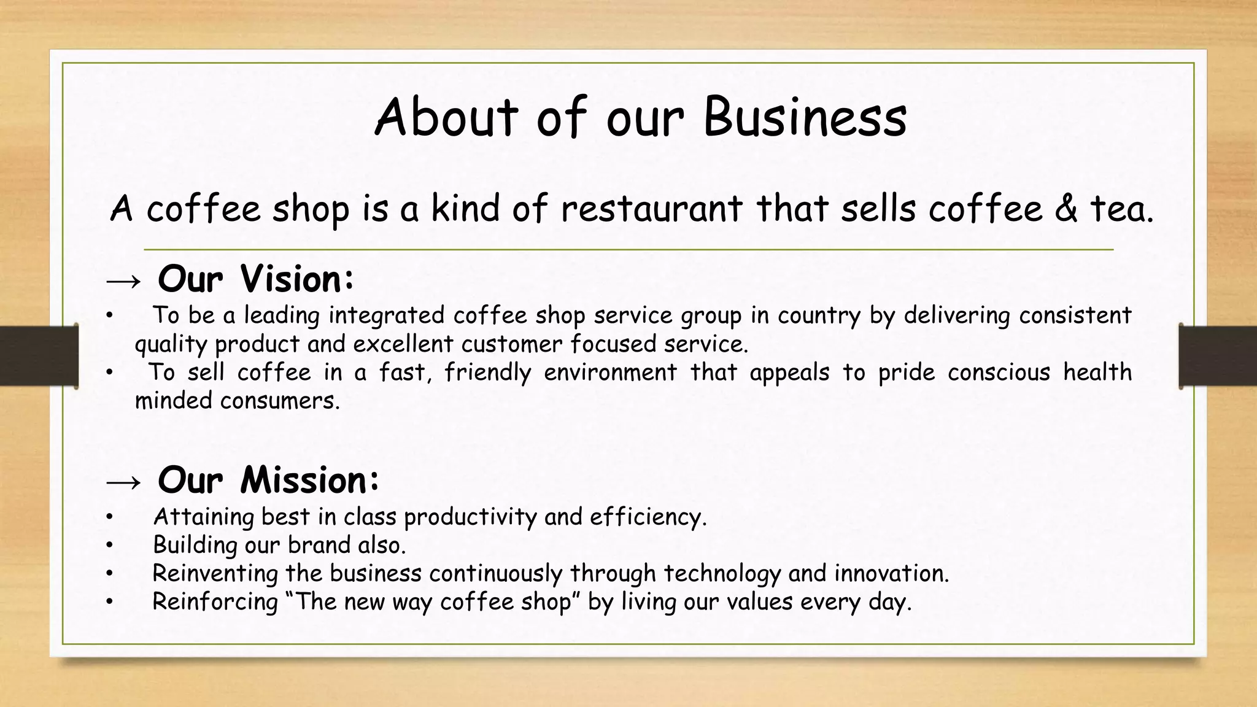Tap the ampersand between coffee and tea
coord(1067,209)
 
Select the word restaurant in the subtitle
coord(651,209)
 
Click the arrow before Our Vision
coord(123,281)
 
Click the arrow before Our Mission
coord(123,482)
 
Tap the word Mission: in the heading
coord(309,480)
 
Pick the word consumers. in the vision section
coord(280,401)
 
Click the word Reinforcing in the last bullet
coord(215,602)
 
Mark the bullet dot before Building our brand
coord(109,546)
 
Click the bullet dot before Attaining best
coord(109,517)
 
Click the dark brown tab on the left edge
coord(39,356)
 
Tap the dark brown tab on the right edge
coord(1218,356)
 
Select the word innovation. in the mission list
coord(891,573)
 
